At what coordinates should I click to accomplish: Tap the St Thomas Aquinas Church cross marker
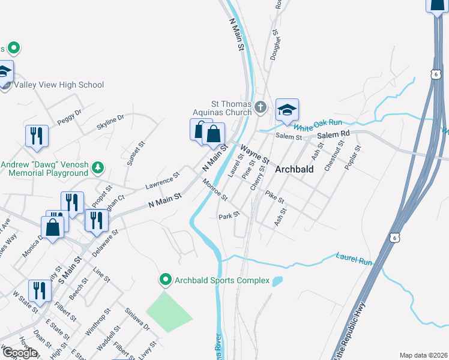point(260,107)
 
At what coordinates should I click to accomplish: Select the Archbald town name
point(294,169)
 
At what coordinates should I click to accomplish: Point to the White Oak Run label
point(318,125)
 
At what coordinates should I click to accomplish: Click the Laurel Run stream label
point(354,259)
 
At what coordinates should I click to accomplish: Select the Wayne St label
point(255,154)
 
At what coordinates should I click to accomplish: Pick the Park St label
point(229,215)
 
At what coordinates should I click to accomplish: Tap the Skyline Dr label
point(110,122)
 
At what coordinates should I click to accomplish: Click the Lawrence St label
point(164,180)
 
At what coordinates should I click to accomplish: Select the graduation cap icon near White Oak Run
point(287,110)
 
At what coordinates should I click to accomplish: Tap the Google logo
point(19,353)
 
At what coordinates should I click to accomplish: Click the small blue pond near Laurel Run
point(277,281)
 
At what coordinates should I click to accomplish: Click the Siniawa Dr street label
point(137,317)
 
